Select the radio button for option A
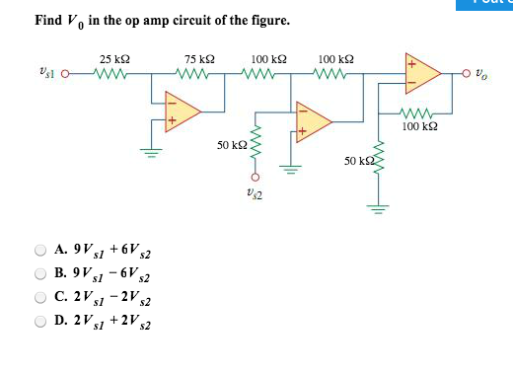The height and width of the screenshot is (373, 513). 41,250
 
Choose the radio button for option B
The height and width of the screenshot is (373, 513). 41,273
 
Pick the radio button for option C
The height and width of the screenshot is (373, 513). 41,297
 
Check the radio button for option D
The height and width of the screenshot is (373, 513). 41,321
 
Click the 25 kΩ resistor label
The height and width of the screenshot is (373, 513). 113,59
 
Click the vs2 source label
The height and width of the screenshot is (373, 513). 255,192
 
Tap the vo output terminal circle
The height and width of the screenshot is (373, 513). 463,72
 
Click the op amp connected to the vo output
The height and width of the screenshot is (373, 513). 420,72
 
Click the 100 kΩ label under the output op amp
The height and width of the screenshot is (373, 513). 421,126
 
